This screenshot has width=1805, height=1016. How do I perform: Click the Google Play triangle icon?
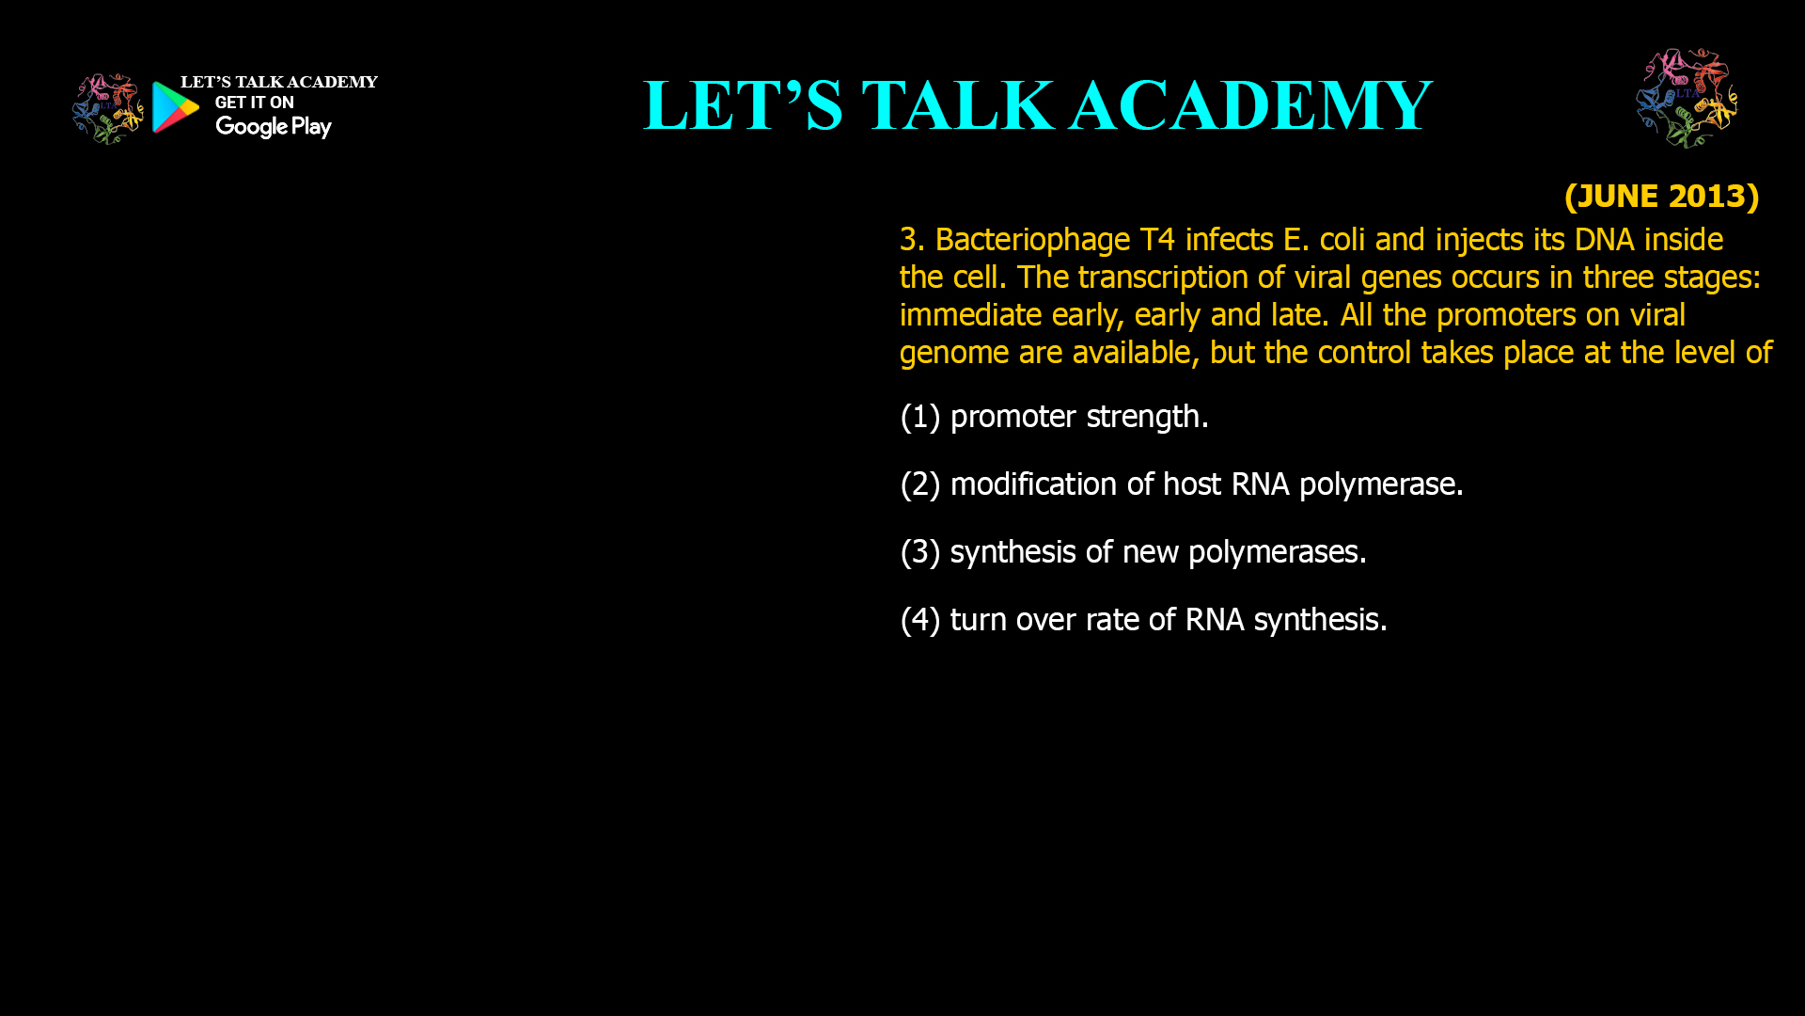coord(175,107)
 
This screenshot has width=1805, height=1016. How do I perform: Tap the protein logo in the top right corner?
coord(1687,98)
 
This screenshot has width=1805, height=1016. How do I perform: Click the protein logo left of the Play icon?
coord(108,109)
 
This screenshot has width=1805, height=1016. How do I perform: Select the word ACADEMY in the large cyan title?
coord(1250,105)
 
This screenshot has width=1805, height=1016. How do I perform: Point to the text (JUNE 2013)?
coord(1661,196)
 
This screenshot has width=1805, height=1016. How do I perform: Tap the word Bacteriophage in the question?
coord(1032,241)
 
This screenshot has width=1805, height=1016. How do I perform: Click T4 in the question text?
coord(1157,240)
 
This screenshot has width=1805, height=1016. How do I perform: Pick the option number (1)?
coord(920,417)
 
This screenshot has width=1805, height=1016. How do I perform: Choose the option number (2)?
coord(920,484)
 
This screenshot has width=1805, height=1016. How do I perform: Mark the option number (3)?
coord(920,552)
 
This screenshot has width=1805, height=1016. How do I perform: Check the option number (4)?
coord(920,620)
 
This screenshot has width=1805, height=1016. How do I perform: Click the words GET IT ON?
coord(254,103)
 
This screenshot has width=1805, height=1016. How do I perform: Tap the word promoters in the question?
coord(1506,316)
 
